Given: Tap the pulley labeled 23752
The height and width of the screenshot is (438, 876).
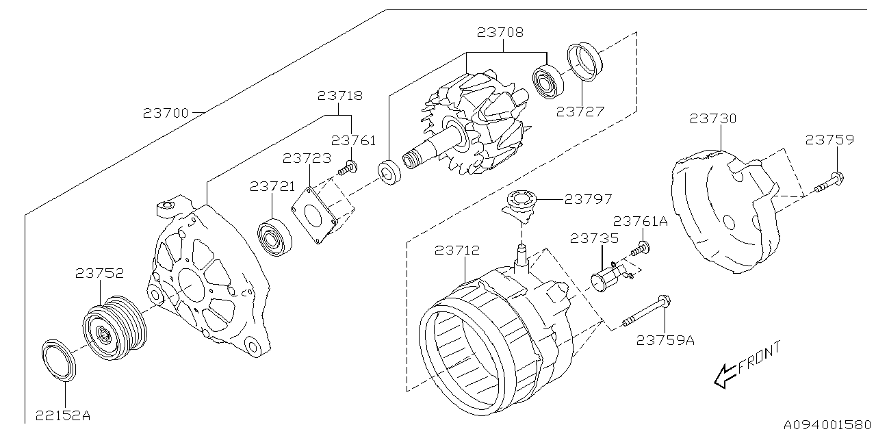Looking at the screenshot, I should tap(113, 329).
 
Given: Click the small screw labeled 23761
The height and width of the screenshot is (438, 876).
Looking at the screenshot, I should tap(350, 166).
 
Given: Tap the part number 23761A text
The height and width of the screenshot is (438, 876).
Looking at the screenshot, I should tap(640, 221).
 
